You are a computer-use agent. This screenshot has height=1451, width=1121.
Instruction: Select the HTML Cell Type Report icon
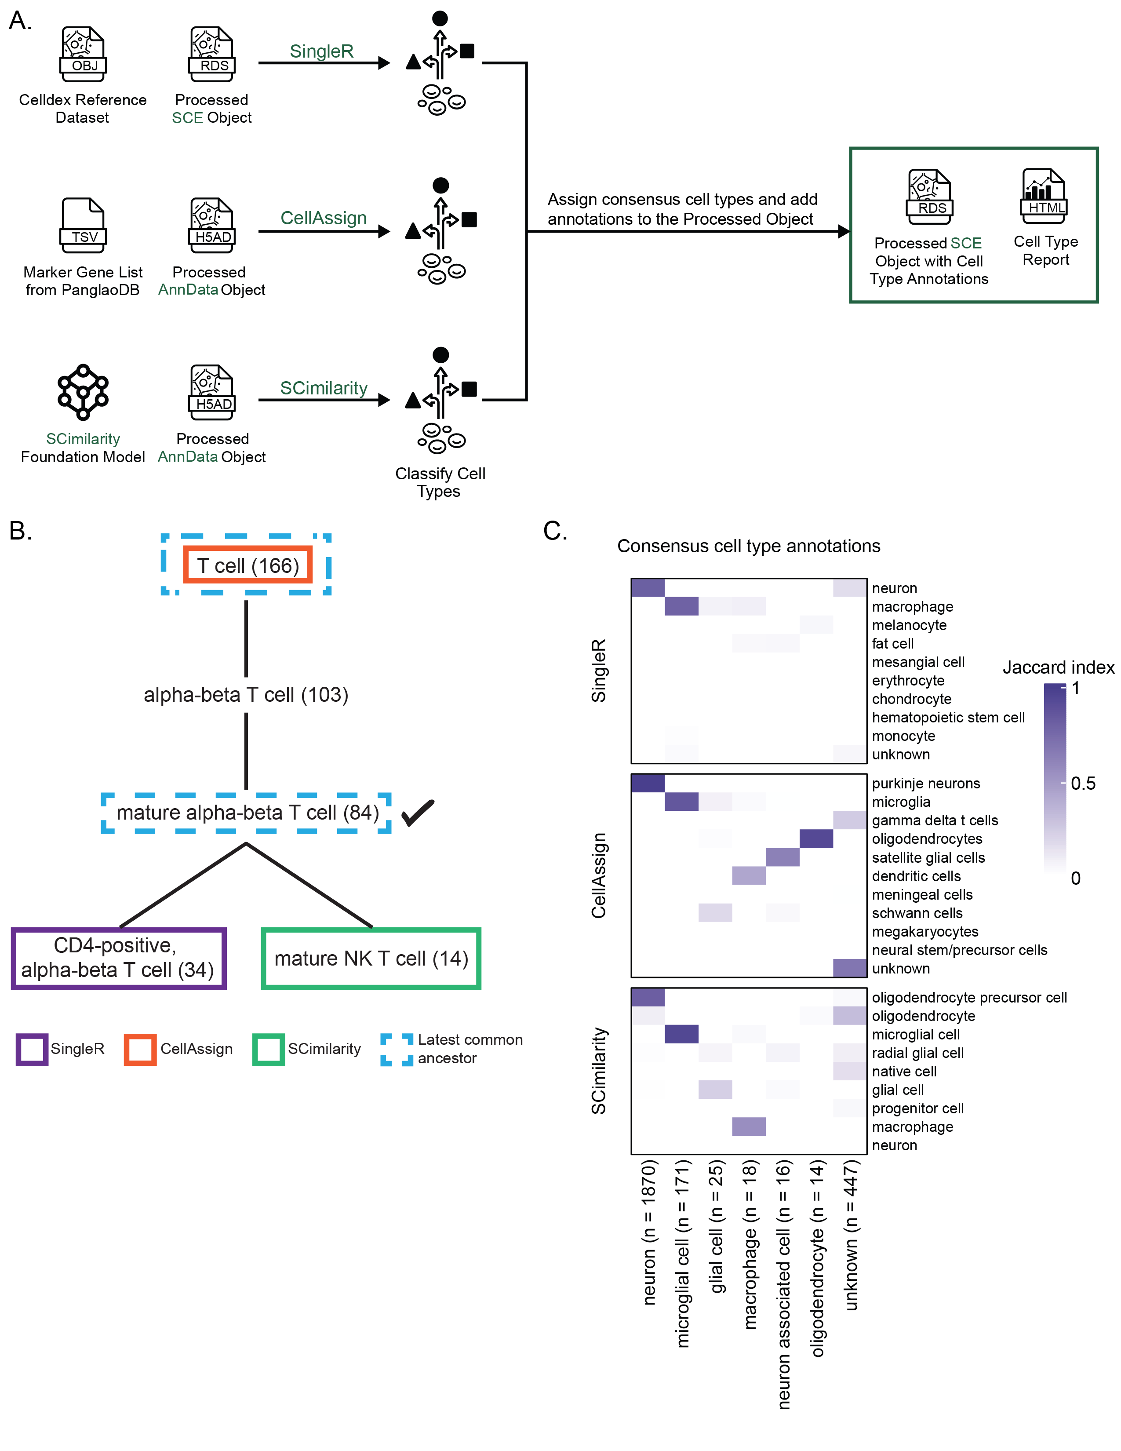[1044, 196]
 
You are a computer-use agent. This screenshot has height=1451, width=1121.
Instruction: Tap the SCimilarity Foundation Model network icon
[83, 392]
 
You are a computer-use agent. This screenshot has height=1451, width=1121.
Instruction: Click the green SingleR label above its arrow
[321, 51]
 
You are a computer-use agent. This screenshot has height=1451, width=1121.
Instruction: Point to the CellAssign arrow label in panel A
[324, 218]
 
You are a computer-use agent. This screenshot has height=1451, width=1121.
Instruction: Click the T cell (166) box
[247, 565]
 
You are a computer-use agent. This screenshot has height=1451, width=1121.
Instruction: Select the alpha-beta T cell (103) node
[246, 694]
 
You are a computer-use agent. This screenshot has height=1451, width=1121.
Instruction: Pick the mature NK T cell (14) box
[371, 959]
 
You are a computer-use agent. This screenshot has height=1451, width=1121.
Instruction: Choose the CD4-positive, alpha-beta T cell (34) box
[118, 958]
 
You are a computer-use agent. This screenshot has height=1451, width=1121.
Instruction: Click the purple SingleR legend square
[32, 1049]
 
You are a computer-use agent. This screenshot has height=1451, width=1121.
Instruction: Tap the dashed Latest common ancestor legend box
[397, 1049]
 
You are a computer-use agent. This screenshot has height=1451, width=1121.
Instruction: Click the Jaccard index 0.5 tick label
[1082, 783]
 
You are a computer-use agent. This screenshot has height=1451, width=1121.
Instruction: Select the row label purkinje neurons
[926, 783]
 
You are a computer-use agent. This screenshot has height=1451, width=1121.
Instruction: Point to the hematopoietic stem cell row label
[948, 718]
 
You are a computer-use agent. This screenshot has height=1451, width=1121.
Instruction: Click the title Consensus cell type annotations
[749, 546]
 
